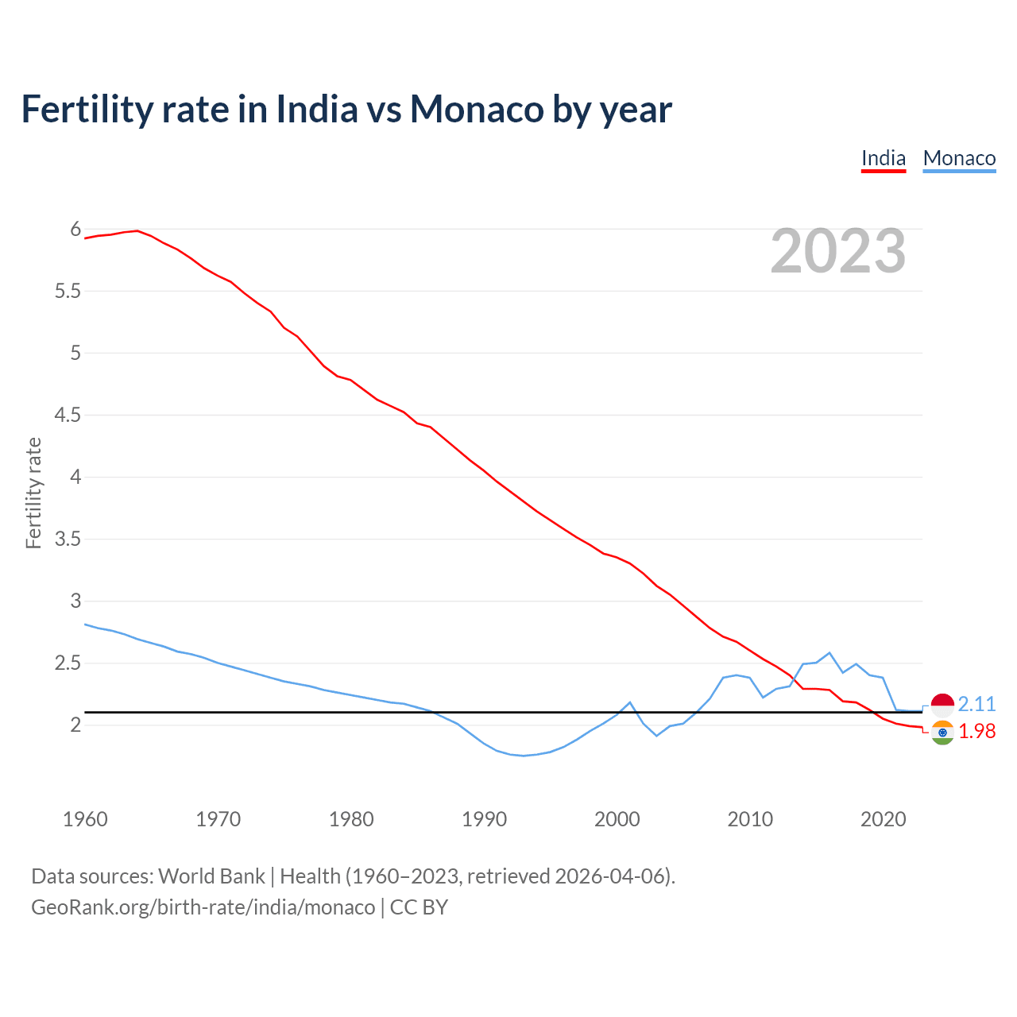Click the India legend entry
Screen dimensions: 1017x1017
(884, 158)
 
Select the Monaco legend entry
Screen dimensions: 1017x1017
(959, 158)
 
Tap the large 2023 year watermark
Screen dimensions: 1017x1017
(838, 251)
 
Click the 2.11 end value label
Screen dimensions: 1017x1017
(976, 705)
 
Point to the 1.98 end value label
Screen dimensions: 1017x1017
(976, 732)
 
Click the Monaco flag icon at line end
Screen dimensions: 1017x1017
(942, 704)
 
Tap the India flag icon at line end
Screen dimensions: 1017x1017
(942, 733)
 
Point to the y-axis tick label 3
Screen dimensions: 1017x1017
(76, 601)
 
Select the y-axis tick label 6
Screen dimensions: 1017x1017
(76, 230)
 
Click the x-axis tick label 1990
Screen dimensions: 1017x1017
(484, 819)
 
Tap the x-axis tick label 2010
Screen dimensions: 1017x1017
(750, 819)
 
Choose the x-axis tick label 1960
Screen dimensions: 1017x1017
(85, 819)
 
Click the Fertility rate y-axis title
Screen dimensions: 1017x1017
(33, 493)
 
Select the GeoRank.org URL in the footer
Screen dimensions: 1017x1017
(203, 907)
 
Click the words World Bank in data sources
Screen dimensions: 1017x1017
(211, 876)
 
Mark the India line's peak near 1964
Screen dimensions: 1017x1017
(137, 230)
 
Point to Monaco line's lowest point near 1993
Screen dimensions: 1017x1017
(524, 756)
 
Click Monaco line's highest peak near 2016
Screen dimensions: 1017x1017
(829, 653)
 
